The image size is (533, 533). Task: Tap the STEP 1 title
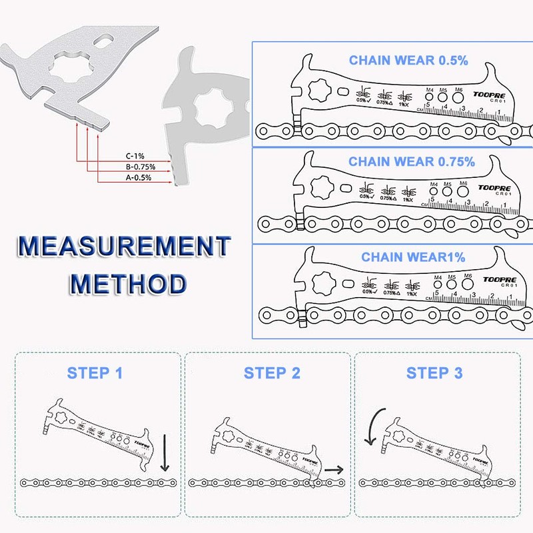(95, 372)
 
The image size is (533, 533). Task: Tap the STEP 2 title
(272, 372)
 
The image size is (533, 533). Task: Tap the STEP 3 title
(434, 372)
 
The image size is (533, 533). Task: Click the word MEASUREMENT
(124, 247)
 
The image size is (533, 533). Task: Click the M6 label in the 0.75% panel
(464, 183)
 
